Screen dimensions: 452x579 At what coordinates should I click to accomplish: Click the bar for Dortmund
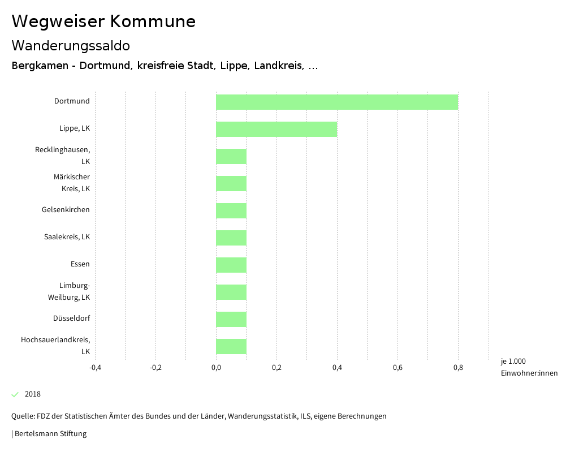(x=336, y=102)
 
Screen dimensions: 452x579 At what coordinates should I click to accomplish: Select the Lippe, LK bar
(x=276, y=129)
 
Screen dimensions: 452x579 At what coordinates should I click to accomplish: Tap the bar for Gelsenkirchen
(x=231, y=210)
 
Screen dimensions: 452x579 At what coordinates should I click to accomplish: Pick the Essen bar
(x=231, y=265)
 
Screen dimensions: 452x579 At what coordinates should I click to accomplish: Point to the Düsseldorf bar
(x=231, y=319)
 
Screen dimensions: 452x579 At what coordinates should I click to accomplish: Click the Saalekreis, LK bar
(x=231, y=238)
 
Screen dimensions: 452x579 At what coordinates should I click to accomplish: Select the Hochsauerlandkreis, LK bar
(x=231, y=346)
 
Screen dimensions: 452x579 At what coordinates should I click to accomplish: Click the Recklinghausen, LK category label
(x=63, y=156)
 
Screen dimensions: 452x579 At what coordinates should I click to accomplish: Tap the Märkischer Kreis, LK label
(x=72, y=183)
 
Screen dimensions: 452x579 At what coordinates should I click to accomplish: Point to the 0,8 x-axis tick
(x=458, y=368)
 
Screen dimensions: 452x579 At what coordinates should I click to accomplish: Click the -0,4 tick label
(x=95, y=368)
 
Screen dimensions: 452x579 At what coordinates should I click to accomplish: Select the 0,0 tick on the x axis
(x=216, y=368)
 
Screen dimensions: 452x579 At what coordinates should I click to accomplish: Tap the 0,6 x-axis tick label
(x=397, y=368)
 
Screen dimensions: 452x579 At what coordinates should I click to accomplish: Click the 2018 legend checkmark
(x=15, y=394)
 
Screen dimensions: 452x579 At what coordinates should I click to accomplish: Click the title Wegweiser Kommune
(x=103, y=21)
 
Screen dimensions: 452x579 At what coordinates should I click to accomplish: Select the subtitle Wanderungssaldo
(x=71, y=45)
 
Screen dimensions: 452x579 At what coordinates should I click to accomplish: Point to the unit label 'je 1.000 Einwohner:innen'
(x=529, y=367)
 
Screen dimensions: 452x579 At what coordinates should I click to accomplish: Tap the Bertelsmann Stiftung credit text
(x=50, y=434)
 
